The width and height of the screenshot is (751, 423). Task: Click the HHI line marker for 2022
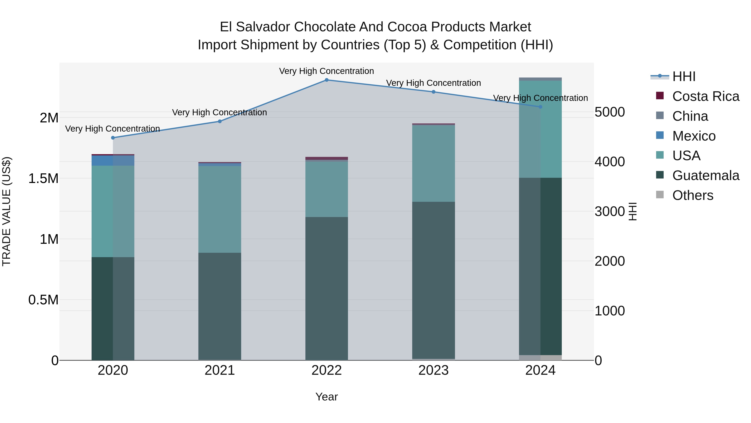(326, 80)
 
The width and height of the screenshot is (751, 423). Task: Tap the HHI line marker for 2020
(113, 138)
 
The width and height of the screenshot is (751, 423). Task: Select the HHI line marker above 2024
(540, 107)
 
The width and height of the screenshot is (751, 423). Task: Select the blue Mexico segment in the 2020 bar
(113, 161)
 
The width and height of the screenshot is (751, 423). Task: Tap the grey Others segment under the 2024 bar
(540, 358)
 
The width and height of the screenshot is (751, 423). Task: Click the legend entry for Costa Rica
(706, 96)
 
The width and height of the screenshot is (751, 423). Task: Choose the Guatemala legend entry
(706, 175)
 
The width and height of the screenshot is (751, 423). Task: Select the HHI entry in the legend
(684, 76)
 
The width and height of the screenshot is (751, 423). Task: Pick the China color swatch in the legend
(660, 116)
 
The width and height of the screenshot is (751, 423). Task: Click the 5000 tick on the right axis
(610, 112)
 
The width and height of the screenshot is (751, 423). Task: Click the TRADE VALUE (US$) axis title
(6, 211)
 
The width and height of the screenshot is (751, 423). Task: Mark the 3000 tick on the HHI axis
(610, 211)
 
